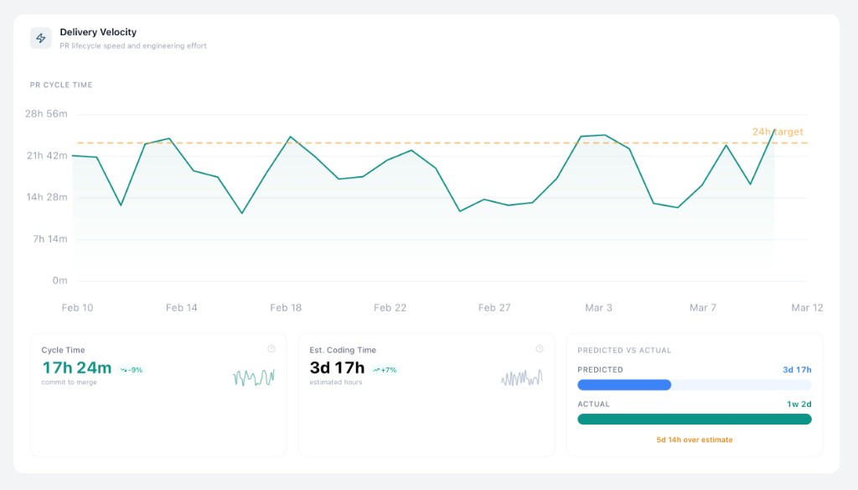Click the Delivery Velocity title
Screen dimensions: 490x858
pos(98,32)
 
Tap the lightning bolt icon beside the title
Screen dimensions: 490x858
pos(41,38)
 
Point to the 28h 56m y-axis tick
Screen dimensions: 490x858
pos(46,114)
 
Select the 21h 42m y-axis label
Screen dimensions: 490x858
pos(46,156)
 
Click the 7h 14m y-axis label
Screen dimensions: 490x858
pos(49,239)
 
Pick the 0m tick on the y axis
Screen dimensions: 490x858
pos(59,281)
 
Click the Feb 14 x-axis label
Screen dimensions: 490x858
pos(182,308)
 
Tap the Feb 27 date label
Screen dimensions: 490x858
pos(494,308)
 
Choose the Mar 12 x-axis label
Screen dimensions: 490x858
pos(807,308)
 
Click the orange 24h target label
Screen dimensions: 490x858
pos(778,132)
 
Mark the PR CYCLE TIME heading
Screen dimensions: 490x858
pos(61,86)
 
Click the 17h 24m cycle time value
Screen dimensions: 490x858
pos(76,367)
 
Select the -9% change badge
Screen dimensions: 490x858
pos(132,369)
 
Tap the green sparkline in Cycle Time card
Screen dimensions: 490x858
pos(254,378)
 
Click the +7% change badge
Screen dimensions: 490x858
pos(385,369)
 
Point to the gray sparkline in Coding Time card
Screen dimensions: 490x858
pos(522,378)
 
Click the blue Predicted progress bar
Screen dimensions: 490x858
pos(624,385)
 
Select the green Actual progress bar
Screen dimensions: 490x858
pos(695,419)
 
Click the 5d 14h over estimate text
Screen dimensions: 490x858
pos(695,440)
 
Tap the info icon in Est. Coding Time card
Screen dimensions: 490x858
pos(539,349)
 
